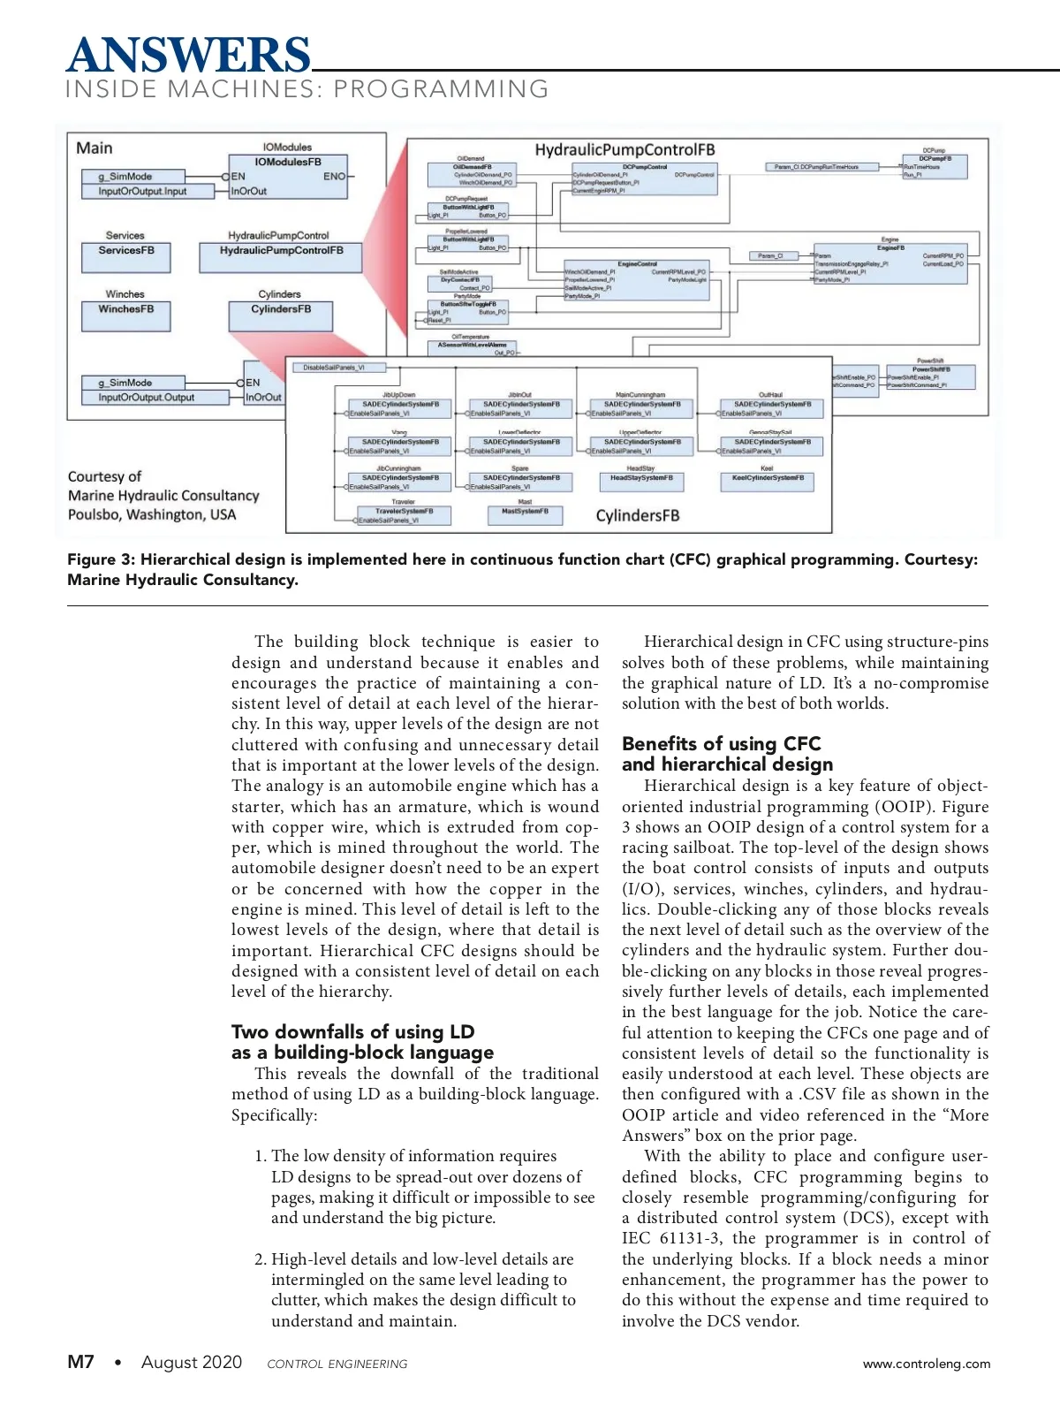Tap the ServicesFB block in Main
tap(126, 256)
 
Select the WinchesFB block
tap(126, 315)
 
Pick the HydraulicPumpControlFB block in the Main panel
tap(281, 256)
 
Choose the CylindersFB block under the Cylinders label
tap(281, 315)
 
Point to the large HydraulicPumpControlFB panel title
tap(625, 150)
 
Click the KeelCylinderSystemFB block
tap(768, 482)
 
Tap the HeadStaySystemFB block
tap(641, 482)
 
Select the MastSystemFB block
tap(525, 514)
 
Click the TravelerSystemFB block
tap(404, 514)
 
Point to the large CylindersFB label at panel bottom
tap(638, 516)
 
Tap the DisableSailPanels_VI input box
tap(333, 368)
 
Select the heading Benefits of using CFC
tap(721, 744)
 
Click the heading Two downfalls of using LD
tap(352, 1032)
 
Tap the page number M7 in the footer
tap(80, 1362)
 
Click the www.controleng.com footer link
tap(926, 1364)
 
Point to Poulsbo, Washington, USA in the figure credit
tap(152, 515)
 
